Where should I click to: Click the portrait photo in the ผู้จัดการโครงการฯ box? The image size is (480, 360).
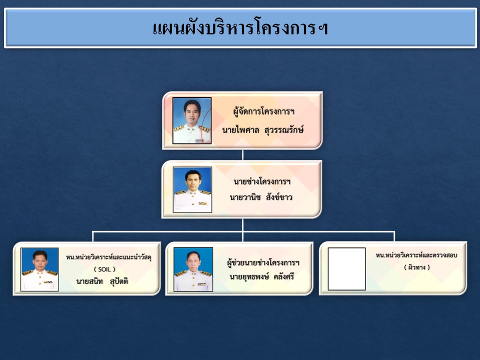pos(192,120)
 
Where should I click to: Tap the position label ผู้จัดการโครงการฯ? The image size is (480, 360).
pos(263,111)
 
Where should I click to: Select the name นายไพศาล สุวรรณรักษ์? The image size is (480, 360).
pos(263,130)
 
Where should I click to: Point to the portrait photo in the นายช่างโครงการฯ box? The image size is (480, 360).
pos(192,190)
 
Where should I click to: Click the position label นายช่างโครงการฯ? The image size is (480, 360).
pos(262,181)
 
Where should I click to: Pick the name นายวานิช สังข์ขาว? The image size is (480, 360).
pos(261,197)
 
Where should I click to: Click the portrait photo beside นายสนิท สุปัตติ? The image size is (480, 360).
pos(39,269)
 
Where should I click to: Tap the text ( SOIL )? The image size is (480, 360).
pos(104,269)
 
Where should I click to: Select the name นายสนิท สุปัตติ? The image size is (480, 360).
pos(102,281)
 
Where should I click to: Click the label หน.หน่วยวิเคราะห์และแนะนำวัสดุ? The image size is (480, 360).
pos(108,257)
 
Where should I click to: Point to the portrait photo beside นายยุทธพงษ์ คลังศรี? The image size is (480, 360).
pos(193,269)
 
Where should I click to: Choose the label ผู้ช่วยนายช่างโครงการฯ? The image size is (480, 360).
pos(263,262)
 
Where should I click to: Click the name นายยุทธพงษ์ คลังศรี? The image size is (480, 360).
pos(261,277)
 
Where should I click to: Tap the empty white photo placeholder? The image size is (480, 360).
pos(347,269)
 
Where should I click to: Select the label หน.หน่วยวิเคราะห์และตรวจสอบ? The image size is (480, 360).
pos(416,255)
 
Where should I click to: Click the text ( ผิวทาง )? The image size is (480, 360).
pos(417,267)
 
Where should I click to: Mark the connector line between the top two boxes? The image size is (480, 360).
pos(243,155)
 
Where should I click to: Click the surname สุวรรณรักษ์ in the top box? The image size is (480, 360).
pos(284,130)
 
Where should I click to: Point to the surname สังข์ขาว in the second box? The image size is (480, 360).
pos(279,197)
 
